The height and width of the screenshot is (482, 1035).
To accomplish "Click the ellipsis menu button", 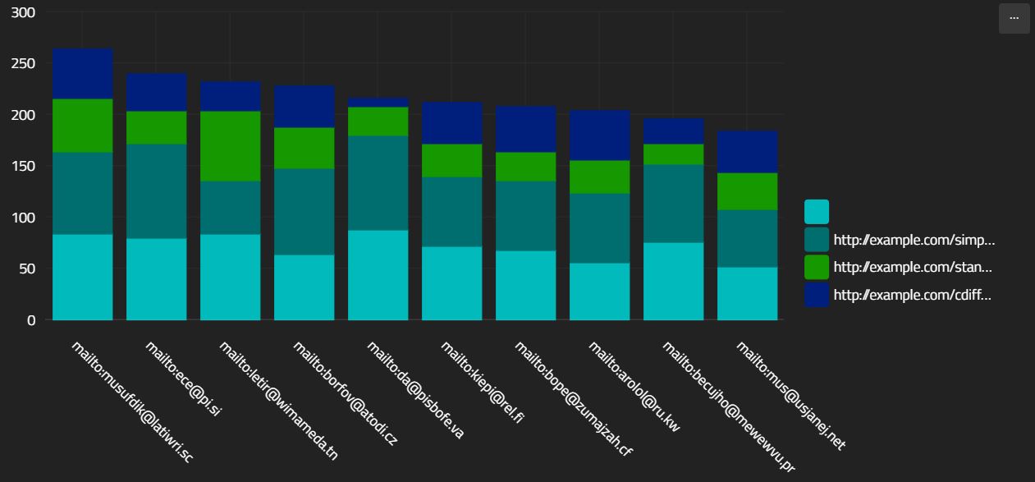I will pyautogui.click(x=1014, y=18).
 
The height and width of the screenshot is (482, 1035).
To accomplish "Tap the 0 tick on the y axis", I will pyautogui.click(x=30, y=320).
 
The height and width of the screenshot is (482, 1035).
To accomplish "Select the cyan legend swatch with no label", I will pyautogui.click(x=817, y=212).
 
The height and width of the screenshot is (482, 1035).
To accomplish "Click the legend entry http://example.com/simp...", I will pyautogui.click(x=914, y=240).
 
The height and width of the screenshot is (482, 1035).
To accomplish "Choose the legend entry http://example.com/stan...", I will pyautogui.click(x=914, y=267).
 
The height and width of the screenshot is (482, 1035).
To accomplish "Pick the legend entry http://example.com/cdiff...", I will pyautogui.click(x=912, y=294).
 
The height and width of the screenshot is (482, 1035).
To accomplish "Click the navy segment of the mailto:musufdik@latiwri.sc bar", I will pyautogui.click(x=82, y=73).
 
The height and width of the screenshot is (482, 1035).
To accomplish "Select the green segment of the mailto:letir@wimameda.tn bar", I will pyautogui.click(x=230, y=145).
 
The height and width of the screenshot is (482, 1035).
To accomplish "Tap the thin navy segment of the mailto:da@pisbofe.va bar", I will pyautogui.click(x=378, y=102).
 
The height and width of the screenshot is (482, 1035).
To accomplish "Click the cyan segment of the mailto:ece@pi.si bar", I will pyautogui.click(x=156, y=278).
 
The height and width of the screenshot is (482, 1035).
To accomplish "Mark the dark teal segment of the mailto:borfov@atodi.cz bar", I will pyautogui.click(x=304, y=212).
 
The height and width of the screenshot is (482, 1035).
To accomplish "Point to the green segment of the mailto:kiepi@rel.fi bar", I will pyautogui.click(x=451, y=160).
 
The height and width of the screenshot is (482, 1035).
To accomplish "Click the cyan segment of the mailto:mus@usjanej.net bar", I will pyautogui.click(x=747, y=293).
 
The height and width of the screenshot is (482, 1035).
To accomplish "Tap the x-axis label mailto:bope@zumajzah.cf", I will pyautogui.click(x=573, y=397).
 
